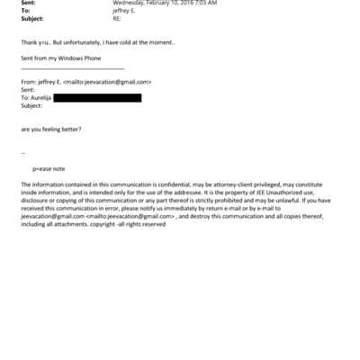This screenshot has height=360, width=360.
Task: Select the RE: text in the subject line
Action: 117,18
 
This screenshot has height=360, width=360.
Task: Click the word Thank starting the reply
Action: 29,42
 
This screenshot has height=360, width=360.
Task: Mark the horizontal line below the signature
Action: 72,68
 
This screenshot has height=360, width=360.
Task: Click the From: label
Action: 29,82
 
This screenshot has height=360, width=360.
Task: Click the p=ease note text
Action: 49,169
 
